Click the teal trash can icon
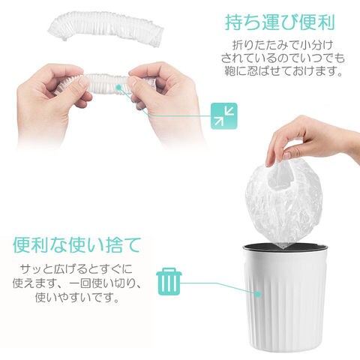click(169, 281)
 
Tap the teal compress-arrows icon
click(224, 116)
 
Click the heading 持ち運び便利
click(280, 22)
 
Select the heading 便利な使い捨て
click(76, 245)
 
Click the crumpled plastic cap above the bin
click(284, 200)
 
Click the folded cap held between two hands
click(105, 82)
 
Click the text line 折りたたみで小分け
click(283, 45)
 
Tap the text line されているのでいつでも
click(283, 58)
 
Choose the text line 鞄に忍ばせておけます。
click(283, 71)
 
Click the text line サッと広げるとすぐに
click(76, 269)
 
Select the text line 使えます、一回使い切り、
click(77, 283)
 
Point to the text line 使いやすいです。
click(76, 298)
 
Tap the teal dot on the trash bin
click(258, 295)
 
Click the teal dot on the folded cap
click(119, 88)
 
